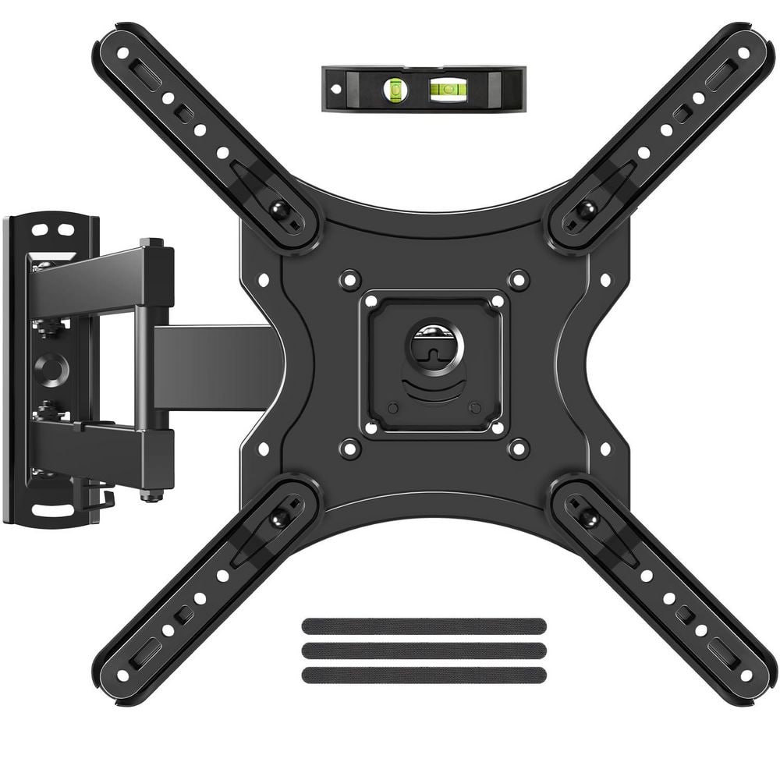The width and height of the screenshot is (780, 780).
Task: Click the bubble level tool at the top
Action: point(424,89)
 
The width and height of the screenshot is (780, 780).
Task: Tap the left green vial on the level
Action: point(396,90)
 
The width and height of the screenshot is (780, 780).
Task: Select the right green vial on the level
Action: point(447,88)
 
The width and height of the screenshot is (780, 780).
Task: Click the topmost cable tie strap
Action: point(424,626)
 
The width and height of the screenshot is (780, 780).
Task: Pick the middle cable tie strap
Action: point(424,651)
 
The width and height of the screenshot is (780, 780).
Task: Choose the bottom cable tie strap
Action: point(424,675)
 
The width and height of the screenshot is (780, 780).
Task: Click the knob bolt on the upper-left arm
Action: point(277,208)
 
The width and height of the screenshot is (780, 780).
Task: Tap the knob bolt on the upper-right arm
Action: point(587,208)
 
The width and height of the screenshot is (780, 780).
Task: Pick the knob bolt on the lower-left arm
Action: point(277,519)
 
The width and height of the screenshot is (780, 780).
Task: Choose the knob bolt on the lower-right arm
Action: point(587,519)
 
